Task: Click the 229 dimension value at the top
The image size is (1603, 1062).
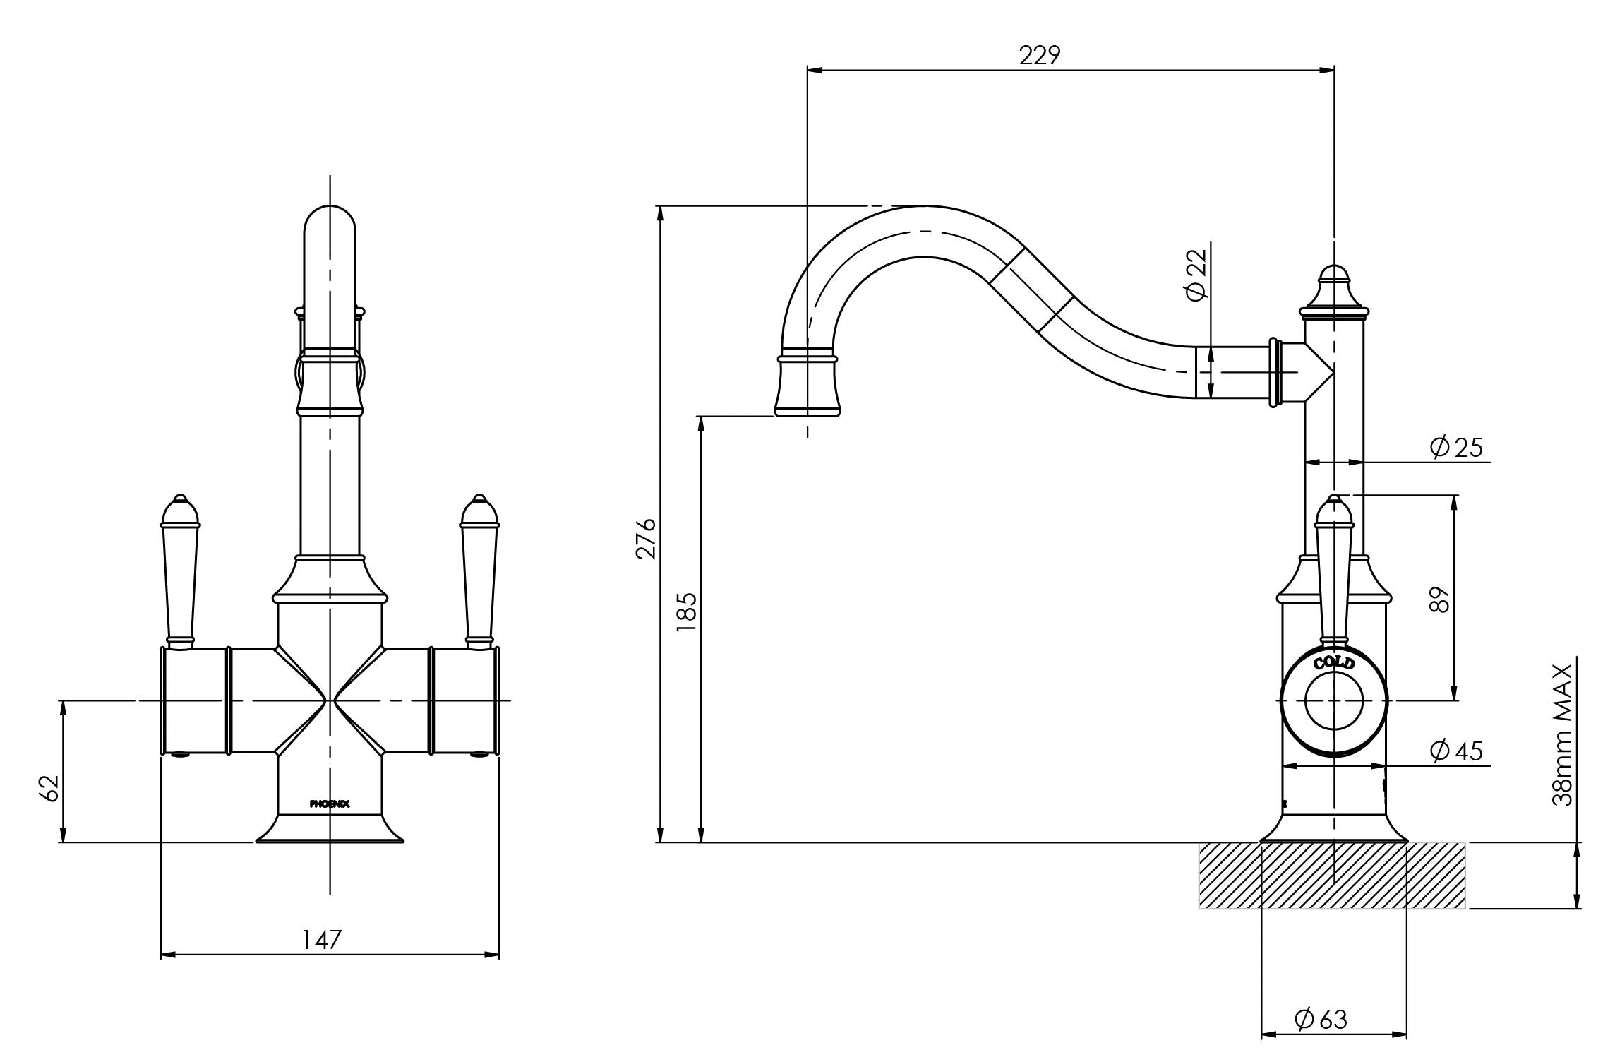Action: [x=1040, y=55]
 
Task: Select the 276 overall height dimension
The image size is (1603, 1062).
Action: [x=647, y=538]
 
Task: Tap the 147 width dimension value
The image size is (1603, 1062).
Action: [x=322, y=939]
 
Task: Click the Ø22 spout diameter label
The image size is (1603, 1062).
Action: [x=1196, y=275]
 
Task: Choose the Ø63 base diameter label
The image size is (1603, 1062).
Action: [x=1321, y=1018]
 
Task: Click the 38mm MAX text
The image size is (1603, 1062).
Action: [x=1562, y=734]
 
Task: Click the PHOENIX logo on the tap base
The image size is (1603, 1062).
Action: [x=330, y=803]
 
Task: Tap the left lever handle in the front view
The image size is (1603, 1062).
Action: [x=180, y=571]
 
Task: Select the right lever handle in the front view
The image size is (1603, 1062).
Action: [x=480, y=571]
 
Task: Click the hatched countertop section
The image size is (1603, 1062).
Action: [x=1332, y=875]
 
